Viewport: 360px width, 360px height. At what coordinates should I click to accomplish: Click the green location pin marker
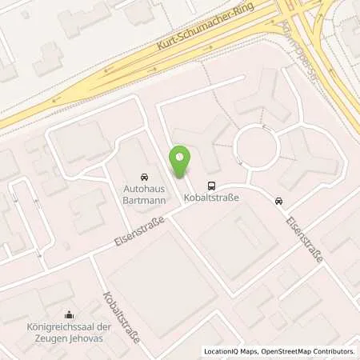[x=181, y=162]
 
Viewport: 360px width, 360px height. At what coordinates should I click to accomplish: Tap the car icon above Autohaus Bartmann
[x=143, y=175]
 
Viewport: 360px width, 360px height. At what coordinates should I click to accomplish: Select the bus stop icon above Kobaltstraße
[x=211, y=183]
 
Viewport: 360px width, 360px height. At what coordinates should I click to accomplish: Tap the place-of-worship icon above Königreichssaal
[x=69, y=314]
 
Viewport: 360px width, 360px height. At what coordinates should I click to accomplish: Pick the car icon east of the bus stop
[x=278, y=201]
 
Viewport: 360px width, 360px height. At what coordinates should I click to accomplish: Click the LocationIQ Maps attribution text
[x=232, y=351]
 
